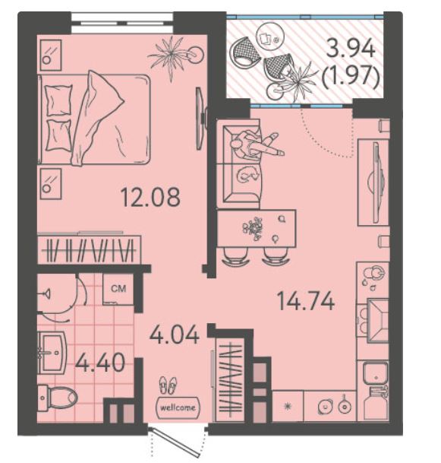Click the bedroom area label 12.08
[x=150, y=197]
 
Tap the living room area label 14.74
[x=306, y=301]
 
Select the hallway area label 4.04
[x=175, y=335]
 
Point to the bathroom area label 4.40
[x=100, y=363]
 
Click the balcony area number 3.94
[x=351, y=49]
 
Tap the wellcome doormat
[x=178, y=408]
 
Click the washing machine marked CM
[x=118, y=289]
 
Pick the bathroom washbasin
[x=52, y=352]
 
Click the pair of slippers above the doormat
[x=168, y=385]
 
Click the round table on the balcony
[x=270, y=36]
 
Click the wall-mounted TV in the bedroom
[x=202, y=118]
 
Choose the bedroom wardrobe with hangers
[x=90, y=249]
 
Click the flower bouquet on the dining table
[x=253, y=228]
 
